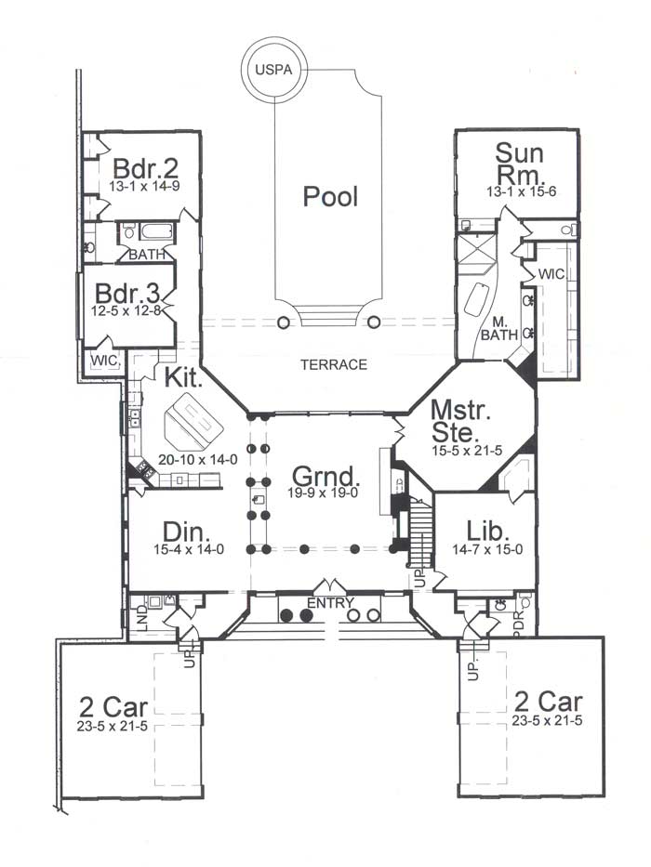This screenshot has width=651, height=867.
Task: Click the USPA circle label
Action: click(x=273, y=71)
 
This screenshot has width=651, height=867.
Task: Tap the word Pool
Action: click(x=330, y=197)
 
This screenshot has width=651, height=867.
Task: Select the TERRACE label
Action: click(x=334, y=364)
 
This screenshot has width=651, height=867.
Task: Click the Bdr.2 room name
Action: click(x=146, y=167)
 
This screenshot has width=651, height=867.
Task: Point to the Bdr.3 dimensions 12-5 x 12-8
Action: click(x=126, y=310)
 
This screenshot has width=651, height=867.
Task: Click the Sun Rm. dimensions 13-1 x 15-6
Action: click(x=521, y=191)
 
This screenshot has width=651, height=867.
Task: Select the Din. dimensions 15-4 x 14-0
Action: click(x=189, y=549)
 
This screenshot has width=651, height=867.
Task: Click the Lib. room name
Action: click(x=487, y=531)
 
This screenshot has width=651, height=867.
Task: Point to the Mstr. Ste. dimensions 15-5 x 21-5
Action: click(x=467, y=451)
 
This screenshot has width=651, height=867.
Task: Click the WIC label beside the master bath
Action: click(x=551, y=274)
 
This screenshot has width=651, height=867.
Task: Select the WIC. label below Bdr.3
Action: click(x=105, y=361)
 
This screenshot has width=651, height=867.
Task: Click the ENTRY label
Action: click(x=330, y=603)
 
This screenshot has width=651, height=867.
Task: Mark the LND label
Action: click(x=142, y=618)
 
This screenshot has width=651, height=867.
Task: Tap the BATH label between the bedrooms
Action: click(x=147, y=255)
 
